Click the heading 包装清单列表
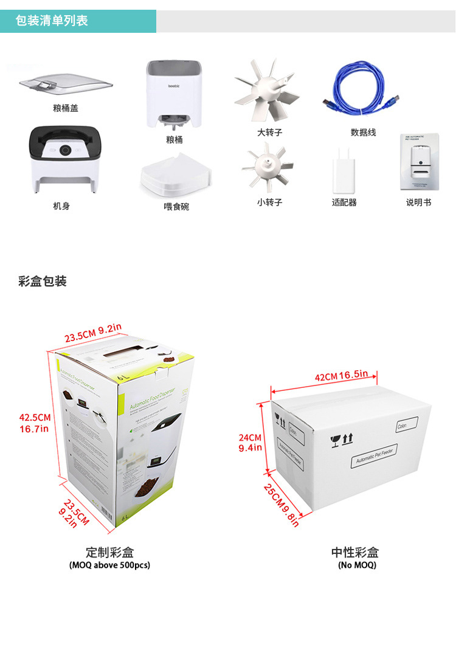(x=52, y=21)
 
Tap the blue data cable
(x=361, y=92)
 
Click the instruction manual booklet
(x=418, y=164)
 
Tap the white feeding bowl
(x=175, y=176)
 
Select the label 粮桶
(x=174, y=140)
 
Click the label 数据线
(x=363, y=132)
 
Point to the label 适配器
(x=344, y=202)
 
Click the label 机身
(x=61, y=206)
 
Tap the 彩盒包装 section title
(x=43, y=281)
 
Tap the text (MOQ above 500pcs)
(x=109, y=565)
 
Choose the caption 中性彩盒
(x=354, y=552)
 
